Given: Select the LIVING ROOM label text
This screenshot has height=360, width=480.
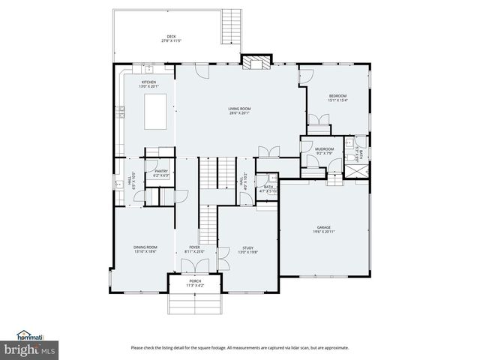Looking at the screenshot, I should point(239,109).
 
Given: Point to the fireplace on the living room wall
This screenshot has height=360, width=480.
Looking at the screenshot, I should point(253,63).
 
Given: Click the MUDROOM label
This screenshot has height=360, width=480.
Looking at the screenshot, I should point(324,149).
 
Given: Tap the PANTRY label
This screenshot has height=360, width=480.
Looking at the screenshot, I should point(161,171).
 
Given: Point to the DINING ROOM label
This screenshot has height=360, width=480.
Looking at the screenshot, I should point(145,247).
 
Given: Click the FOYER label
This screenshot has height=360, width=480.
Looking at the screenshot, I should point(194,247).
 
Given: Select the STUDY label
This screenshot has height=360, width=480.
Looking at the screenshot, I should point(247,247).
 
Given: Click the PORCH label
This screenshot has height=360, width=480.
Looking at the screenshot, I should point(194,280).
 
